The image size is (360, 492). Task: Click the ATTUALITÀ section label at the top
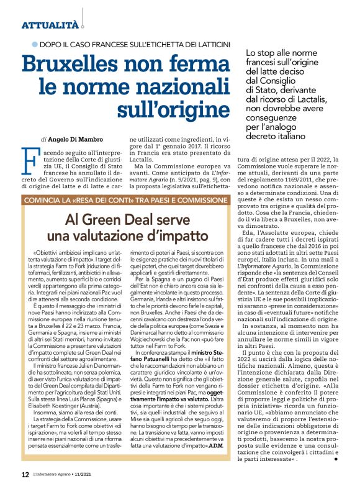50,25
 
